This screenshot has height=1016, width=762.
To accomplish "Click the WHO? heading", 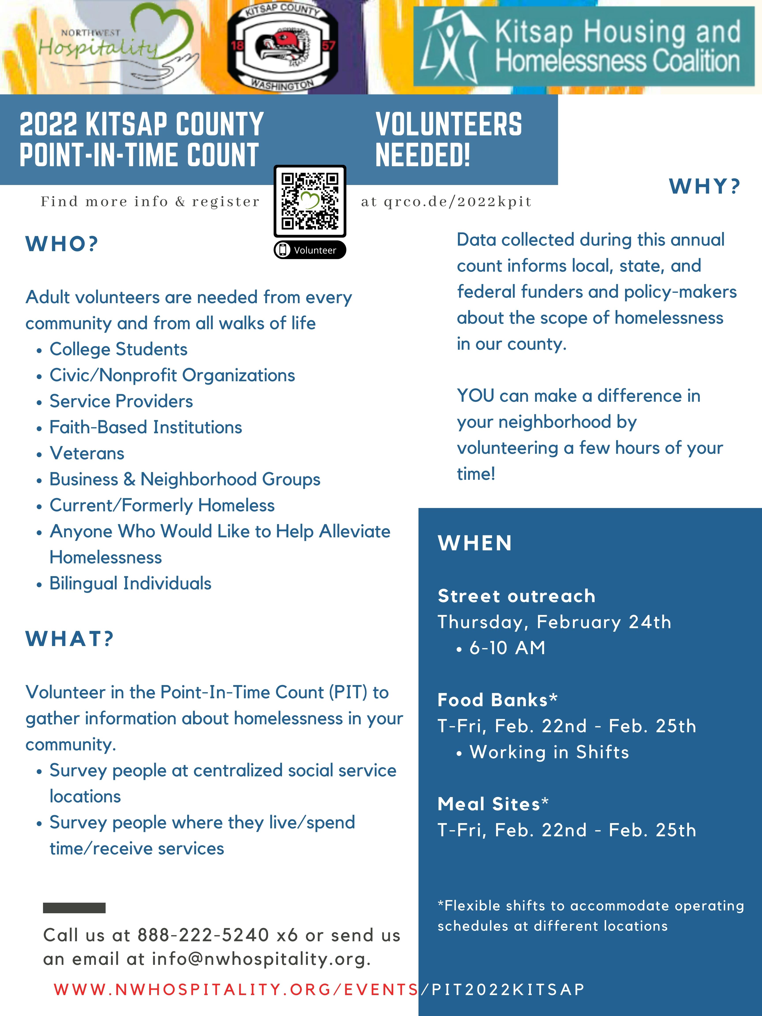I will tap(62, 244).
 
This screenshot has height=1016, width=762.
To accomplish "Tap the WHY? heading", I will tap(705, 187).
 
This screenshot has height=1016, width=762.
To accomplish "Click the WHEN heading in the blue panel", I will tap(475, 543).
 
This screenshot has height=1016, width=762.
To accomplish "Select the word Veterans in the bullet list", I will tap(87, 453).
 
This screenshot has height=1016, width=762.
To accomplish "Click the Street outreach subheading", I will tap(516, 596).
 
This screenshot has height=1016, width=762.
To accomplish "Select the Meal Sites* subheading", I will tap(493, 804).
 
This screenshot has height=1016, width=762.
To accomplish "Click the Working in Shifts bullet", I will tap(549, 752).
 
